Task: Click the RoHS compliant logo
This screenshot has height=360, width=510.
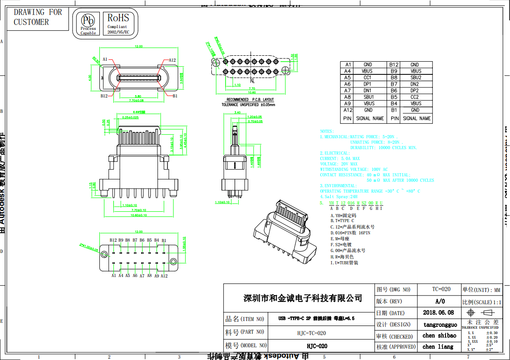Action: click(118, 23)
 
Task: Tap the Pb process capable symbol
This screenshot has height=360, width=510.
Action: click(88, 23)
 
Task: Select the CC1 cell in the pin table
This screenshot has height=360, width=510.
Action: click(367, 78)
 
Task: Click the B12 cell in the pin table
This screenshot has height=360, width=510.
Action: click(394, 65)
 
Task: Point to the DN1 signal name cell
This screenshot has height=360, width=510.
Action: click(367, 90)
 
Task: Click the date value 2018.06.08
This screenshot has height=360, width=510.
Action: click(438, 312)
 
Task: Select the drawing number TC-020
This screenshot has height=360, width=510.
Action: click(441, 289)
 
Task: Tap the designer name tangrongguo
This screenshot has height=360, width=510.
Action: click(440, 325)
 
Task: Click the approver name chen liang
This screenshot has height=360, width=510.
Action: click(438, 346)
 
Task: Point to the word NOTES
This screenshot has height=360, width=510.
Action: click(327, 131)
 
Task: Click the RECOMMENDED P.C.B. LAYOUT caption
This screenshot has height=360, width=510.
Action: click(250, 99)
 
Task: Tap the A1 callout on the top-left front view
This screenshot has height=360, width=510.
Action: click(105, 59)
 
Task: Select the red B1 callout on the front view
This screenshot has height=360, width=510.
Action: click(175, 96)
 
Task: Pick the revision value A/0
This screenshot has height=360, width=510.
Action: click(440, 301)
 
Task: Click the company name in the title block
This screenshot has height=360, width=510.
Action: click(303, 298)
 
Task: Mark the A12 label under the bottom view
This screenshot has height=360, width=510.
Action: click(164, 276)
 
